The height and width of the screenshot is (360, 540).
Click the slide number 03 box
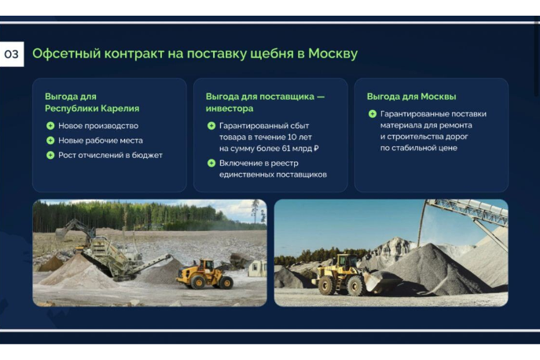pyautogui.click(x=11, y=54)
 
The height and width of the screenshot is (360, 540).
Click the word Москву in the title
pyautogui.click(x=332, y=53)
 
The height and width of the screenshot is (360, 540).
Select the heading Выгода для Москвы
pyautogui.click(x=411, y=97)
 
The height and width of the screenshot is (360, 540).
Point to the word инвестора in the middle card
pyautogui.click(x=230, y=108)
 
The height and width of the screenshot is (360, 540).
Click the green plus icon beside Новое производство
pyautogui.click(x=50, y=126)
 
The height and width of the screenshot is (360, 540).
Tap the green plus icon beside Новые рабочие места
pyautogui.click(x=50, y=141)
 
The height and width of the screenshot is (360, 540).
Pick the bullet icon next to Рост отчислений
pyautogui.click(x=50, y=156)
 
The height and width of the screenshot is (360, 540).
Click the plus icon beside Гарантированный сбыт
pyautogui.click(x=211, y=126)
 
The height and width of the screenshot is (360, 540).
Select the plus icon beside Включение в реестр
pyautogui.click(x=211, y=163)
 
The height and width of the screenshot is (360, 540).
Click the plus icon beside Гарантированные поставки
pyautogui.click(x=373, y=114)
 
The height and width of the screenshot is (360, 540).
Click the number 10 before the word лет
pyautogui.click(x=292, y=137)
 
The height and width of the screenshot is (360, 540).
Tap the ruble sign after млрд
pyautogui.click(x=316, y=149)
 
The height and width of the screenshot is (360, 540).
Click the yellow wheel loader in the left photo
pyautogui.click(x=204, y=275)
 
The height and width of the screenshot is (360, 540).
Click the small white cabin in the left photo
pyautogui.click(x=257, y=268)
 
